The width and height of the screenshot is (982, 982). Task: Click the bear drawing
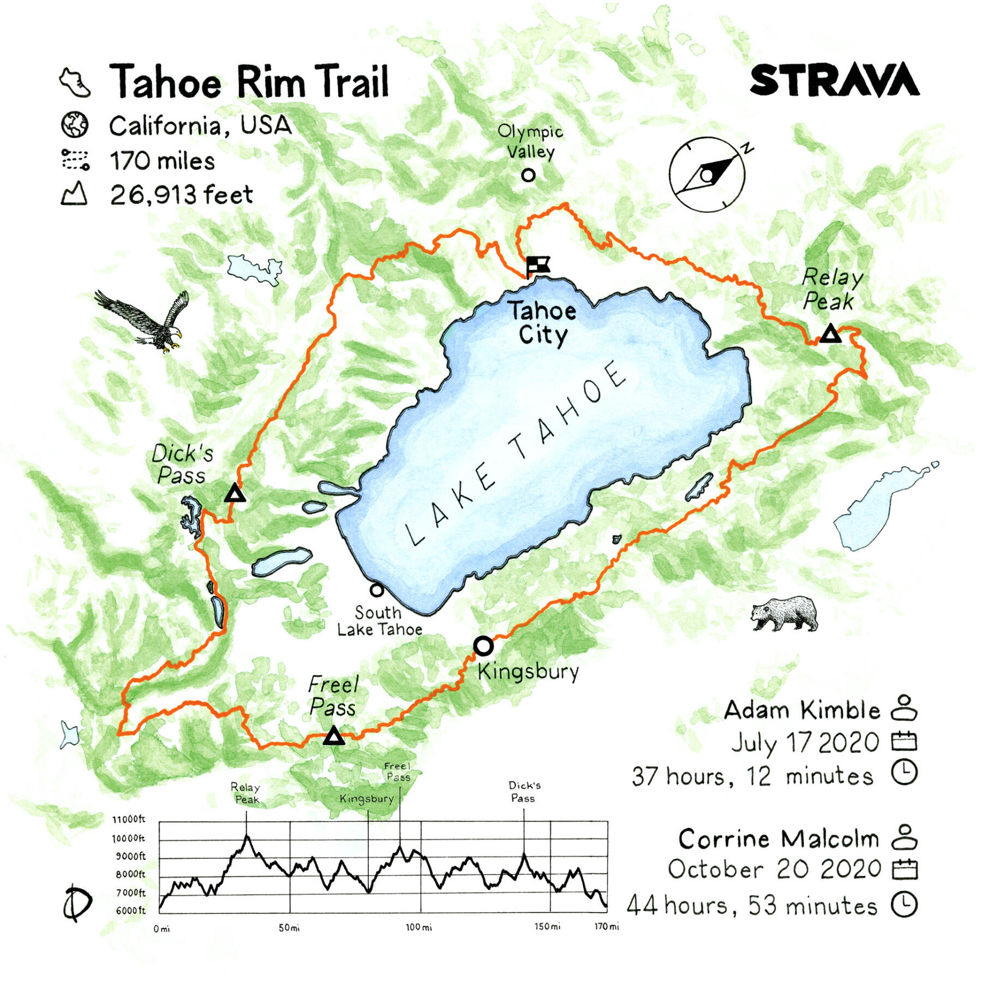point(785,613)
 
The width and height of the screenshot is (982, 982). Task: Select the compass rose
point(708,175)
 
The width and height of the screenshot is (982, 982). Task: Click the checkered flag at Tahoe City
point(537,266)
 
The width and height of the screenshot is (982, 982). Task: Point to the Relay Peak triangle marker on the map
point(830,334)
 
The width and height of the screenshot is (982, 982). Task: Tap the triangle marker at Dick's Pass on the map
point(235,493)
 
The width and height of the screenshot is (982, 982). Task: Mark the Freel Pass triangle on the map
point(334,736)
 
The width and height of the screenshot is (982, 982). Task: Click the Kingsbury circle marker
point(483,646)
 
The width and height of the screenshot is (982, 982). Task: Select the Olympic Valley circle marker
point(528,175)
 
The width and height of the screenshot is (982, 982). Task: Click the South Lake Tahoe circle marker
point(376,590)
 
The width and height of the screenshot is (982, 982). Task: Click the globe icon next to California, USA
point(74,125)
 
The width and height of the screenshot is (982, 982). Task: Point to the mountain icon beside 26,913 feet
point(74,194)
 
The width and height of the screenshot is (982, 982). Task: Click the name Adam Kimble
point(802,710)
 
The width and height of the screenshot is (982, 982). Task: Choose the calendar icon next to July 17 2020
point(904,741)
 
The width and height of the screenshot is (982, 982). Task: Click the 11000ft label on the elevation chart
point(129,819)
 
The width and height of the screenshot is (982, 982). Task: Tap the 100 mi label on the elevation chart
point(418,927)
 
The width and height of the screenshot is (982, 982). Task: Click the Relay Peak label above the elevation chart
point(245,793)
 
